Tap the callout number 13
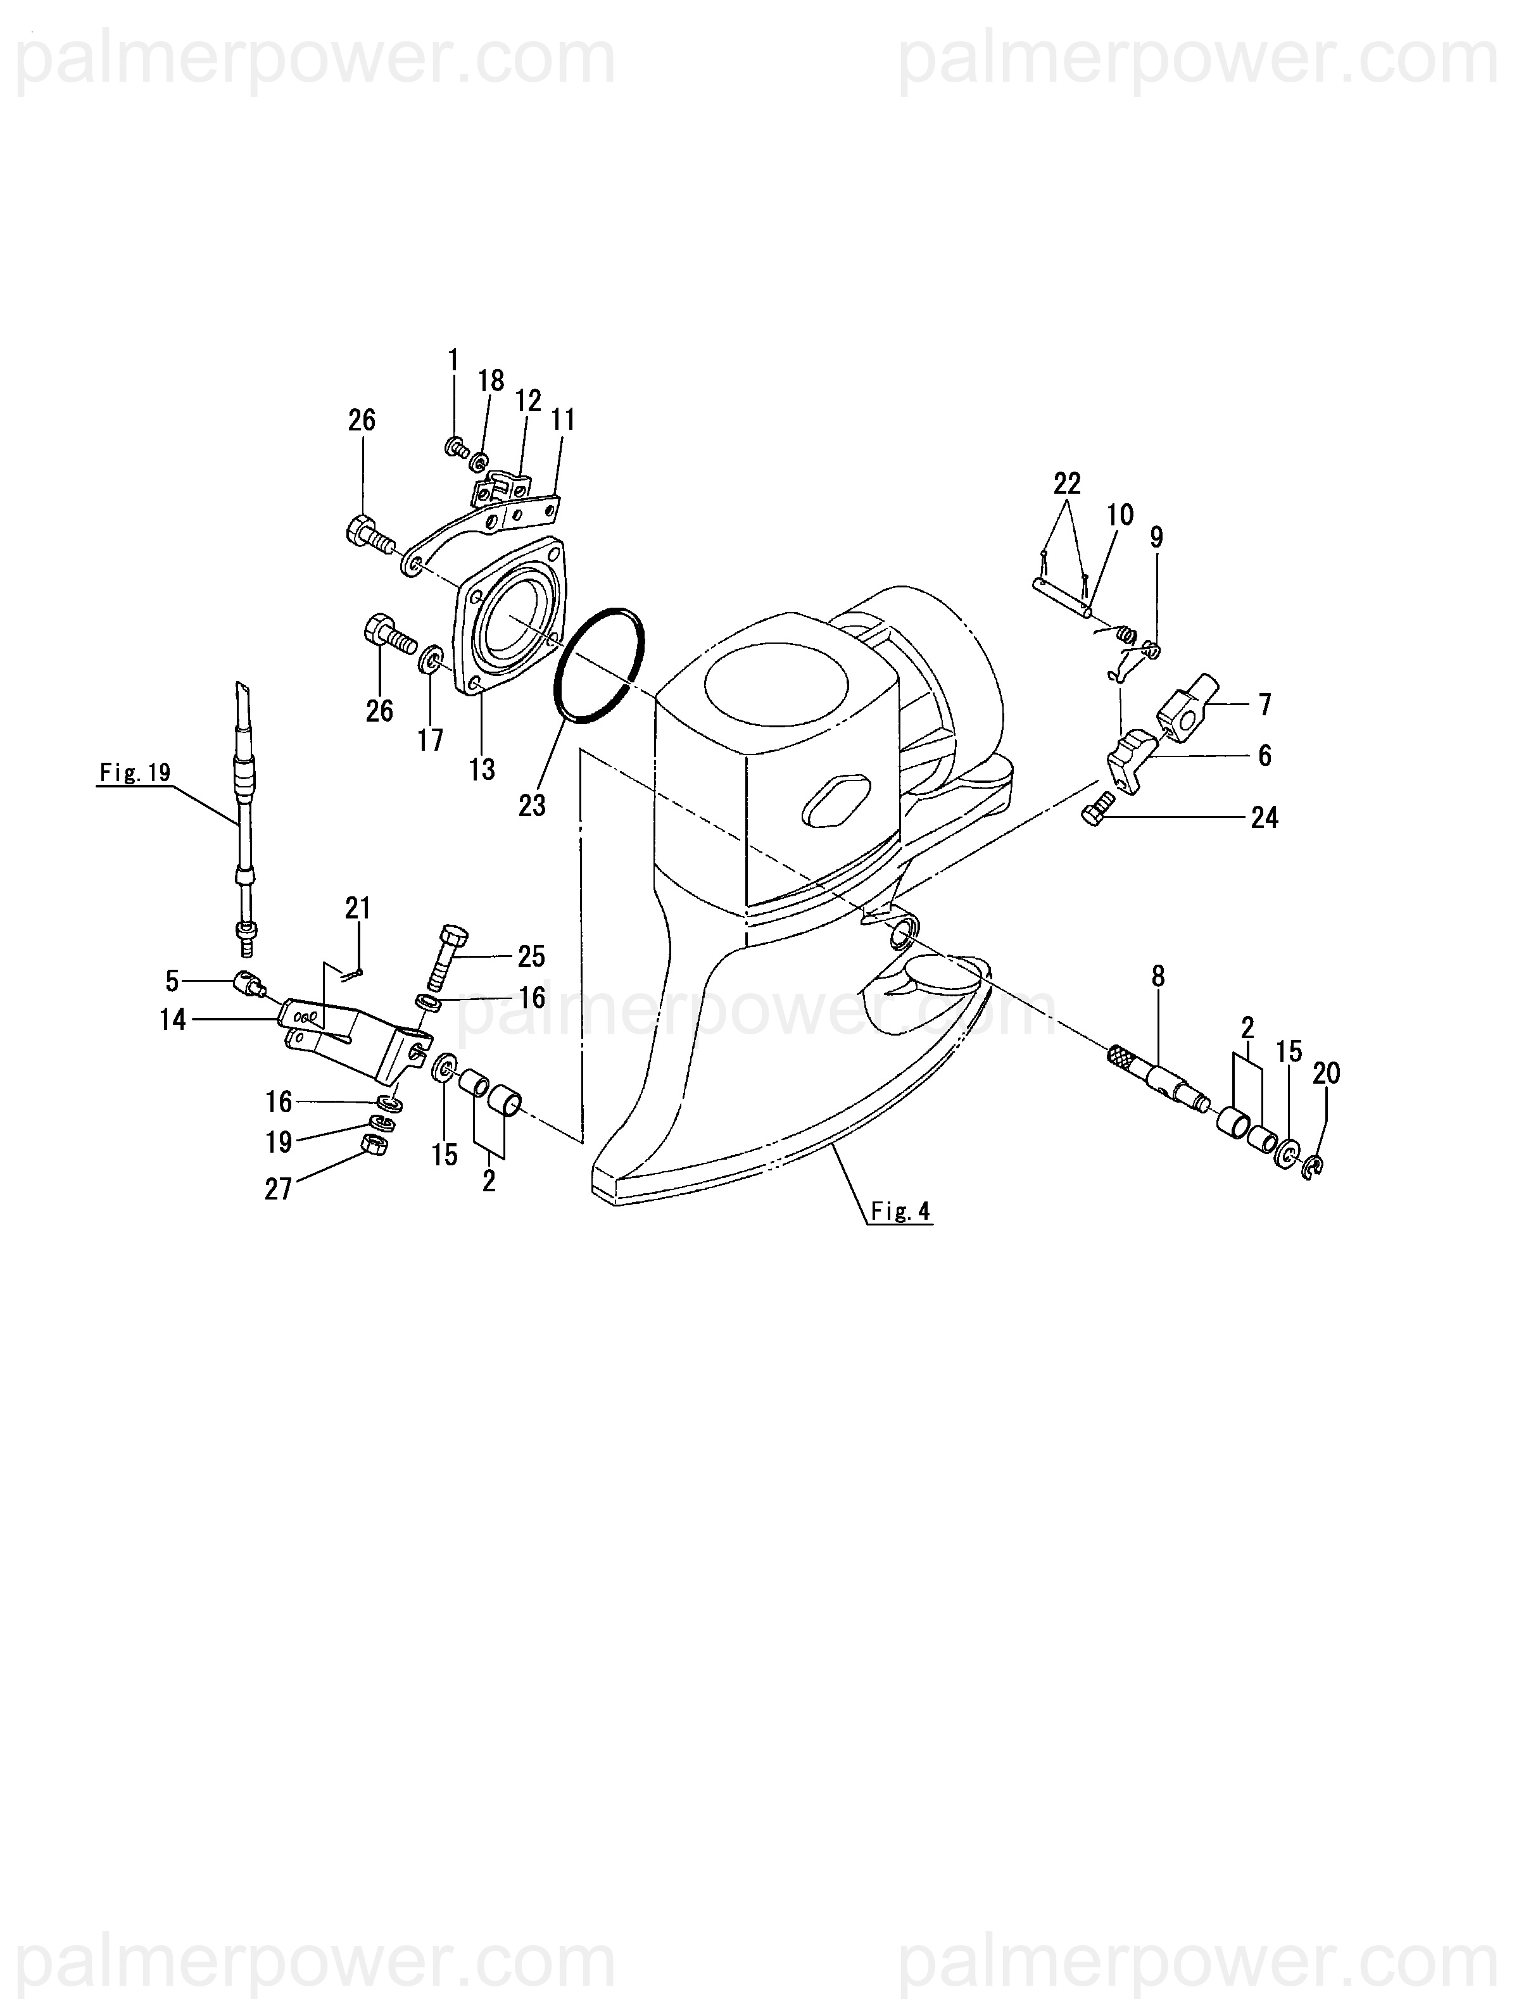tap(482, 769)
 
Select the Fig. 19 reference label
tap(135, 773)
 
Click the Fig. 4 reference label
tap(900, 1210)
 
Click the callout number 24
tap(1264, 817)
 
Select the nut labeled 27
tap(374, 1144)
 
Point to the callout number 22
tap(1066, 484)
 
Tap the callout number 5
tap(172, 980)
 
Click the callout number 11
tap(563, 419)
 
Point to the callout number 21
tap(358, 907)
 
